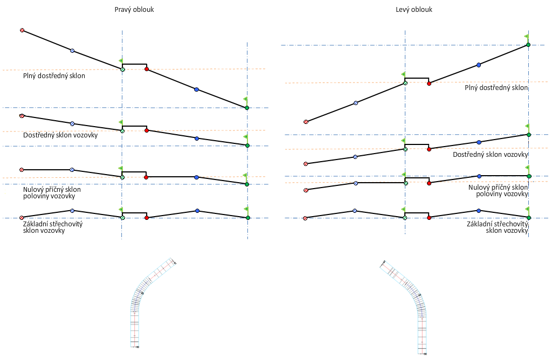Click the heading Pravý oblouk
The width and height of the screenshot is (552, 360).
tap(134, 10)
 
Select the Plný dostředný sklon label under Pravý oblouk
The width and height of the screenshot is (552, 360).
tap(54, 76)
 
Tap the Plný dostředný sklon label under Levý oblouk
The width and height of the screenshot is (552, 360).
tap(496, 87)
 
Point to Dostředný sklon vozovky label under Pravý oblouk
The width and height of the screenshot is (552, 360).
tap(60, 135)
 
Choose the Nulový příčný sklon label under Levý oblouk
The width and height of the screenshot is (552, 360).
tap(498, 190)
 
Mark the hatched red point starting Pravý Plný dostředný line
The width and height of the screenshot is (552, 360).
tap(22, 30)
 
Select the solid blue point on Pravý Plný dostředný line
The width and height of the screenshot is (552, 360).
tap(196, 89)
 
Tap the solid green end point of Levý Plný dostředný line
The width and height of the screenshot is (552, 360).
tap(528, 45)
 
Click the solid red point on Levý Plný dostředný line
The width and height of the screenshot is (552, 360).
tap(429, 84)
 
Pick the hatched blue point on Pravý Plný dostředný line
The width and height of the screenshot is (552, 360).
tap(72, 51)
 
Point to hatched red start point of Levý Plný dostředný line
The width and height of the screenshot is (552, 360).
tap(306, 122)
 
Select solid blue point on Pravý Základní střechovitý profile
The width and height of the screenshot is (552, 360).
tap(197, 211)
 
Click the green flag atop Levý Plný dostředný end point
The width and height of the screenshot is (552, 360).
tap(527, 36)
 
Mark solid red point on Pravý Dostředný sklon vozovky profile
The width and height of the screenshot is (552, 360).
tap(147, 130)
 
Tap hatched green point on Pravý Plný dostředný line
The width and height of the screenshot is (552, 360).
tap(122, 70)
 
